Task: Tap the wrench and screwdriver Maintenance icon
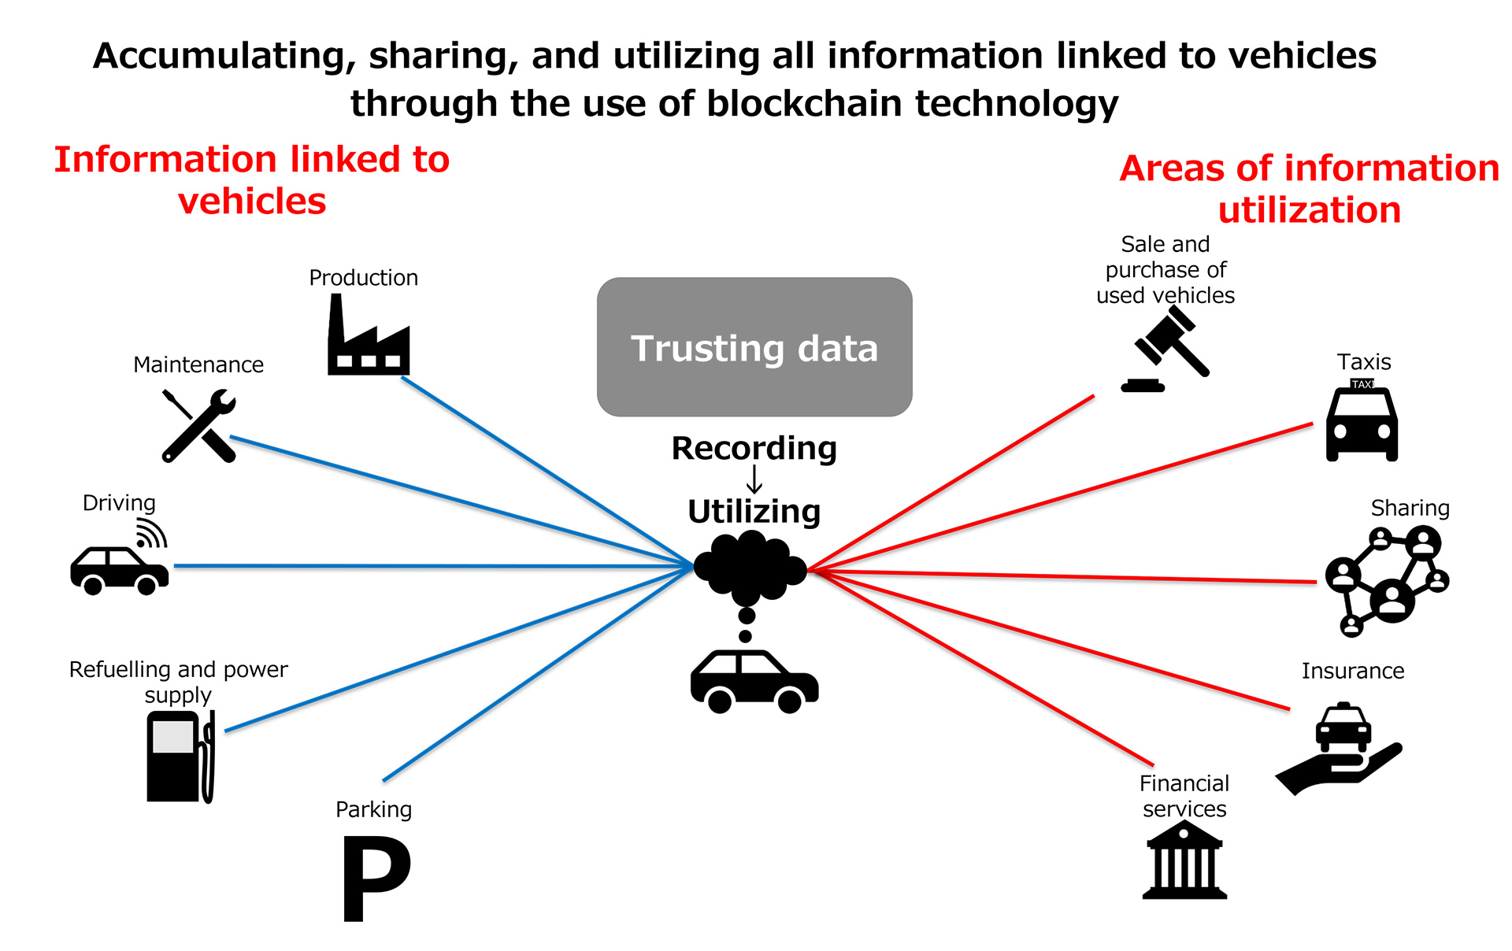pyautogui.click(x=199, y=426)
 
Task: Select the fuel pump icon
pyautogui.click(x=180, y=757)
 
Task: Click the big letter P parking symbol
pyautogui.click(x=375, y=878)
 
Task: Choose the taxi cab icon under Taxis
pyautogui.click(x=1362, y=422)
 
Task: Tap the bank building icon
pyautogui.click(x=1184, y=860)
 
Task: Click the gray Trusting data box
pyautogui.click(x=754, y=347)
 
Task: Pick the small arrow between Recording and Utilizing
pyautogui.click(x=754, y=479)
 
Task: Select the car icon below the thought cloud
pyautogui.click(x=754, y=681)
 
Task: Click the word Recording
pyautogui.click(x=754, y=448)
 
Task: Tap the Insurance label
pyautogui.click(x=1352, y=671)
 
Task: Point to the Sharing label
pyautogui.click(x=1410, y=508)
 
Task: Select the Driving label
pyautogui.click(x=119, y=502)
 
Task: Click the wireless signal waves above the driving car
pyautogui.click(x=151, y=533)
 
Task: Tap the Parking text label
pyautogui.click(x=373, y=809)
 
